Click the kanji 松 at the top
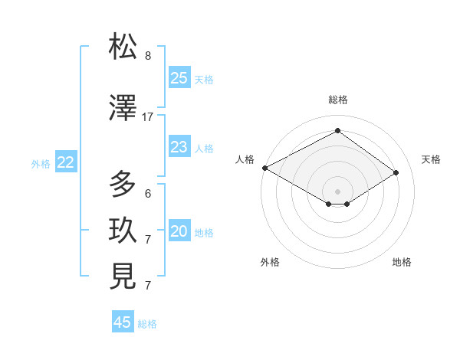123,47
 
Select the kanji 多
123,185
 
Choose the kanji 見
123,277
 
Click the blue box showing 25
179,78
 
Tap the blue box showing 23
179,147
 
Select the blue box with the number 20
179,232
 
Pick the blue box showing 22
65,162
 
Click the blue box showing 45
123,322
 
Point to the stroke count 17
148,117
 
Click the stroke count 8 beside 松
148,56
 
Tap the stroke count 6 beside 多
148,194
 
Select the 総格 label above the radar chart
338,100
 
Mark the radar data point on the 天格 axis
396,173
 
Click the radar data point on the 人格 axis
264,168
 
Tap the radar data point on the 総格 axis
337,131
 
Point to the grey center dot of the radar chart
337,190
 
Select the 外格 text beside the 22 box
41,163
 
